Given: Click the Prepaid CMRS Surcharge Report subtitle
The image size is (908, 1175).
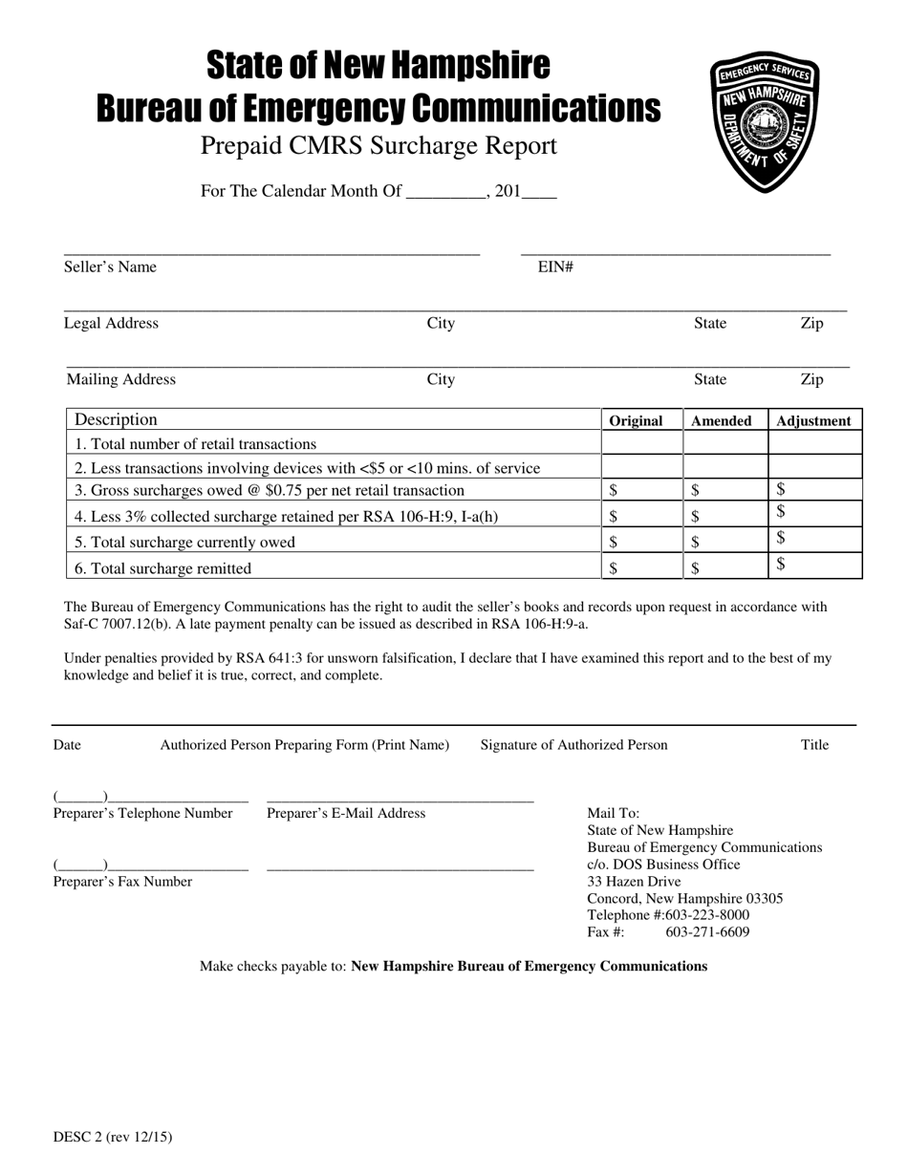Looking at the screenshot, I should click(x=378, y=146).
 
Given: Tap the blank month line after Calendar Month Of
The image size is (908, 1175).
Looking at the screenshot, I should click(x=445, y=192).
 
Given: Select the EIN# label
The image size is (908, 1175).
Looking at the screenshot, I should click(x=555, y=267).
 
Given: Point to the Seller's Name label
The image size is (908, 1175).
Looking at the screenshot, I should click(x=110, y=267).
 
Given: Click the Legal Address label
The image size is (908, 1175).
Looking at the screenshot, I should click(x=111, y=324).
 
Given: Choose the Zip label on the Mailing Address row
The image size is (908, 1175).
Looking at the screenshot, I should click(x=811, y=380).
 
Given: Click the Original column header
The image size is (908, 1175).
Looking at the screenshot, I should click(x=636, y=420).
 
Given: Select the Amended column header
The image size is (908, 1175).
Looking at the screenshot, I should click(x=721, y=420).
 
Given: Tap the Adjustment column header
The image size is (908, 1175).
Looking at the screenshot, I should click(x=813, y=420).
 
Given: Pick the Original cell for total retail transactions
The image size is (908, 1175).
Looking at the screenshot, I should click(x=641, y=443).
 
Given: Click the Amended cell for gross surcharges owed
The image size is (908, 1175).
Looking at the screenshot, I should click(x=725, y=490).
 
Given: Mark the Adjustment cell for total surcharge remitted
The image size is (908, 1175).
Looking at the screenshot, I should click(x=815, y=567).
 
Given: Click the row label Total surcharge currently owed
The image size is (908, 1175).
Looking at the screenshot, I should click(x=185, y=543).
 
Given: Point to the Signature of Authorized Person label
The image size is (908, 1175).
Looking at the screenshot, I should click(x=573, y=745).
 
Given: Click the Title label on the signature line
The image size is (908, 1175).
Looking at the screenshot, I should click(x=814, y=745).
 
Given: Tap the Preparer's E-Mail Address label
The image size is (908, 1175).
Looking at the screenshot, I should click(x=346, y=814).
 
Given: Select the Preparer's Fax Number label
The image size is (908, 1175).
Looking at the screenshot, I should click(x=122, y=882).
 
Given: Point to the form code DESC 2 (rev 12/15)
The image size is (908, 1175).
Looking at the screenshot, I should click(x=113, y=1137).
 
